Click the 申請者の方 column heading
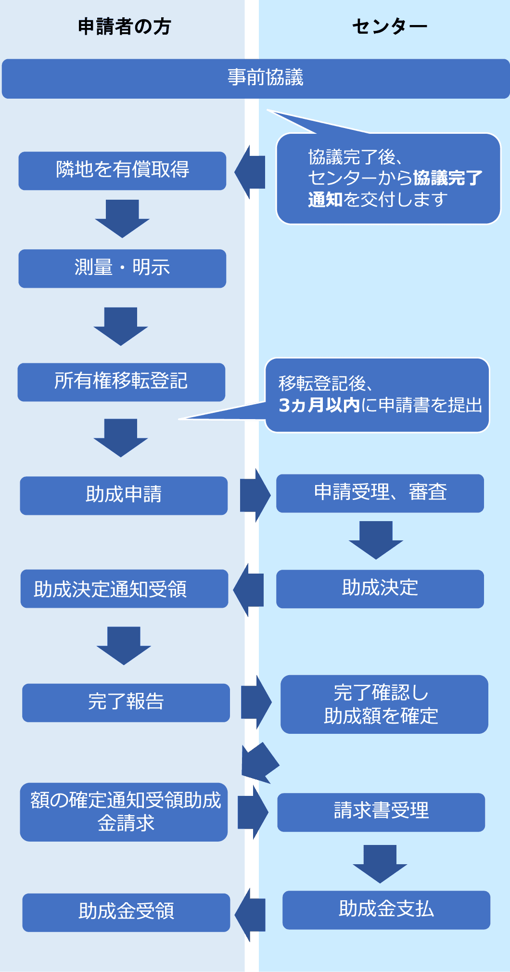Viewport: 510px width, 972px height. click(x=124, y=26)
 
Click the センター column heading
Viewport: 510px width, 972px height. click(x=389, y=26)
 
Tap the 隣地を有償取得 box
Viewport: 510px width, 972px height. click(x=122, y=170)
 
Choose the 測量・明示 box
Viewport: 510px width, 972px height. click(x=122, y=268)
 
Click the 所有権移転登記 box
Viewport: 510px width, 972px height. click(x=121, y=382)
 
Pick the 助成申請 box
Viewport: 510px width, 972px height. click(x=124, y=495)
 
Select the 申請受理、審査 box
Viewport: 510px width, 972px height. click(x=380, y=493)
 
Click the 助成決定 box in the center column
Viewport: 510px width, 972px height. click(x=380, y=588)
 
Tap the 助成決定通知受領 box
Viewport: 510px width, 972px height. click(x=124, y=588)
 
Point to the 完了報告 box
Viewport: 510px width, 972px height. click(x=126, y=702)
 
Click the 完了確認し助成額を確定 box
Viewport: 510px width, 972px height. click(x=384, y=704)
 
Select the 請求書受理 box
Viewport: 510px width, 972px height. click(x=381, y=812)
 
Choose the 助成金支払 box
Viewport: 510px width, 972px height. click(x=386, y=909)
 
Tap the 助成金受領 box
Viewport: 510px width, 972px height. click(x=126, y=912)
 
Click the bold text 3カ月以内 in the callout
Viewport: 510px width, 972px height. click(x=319, y=405)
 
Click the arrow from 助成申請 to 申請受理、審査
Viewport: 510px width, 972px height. click(x=255, y=495)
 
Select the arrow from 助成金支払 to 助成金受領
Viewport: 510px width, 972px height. click(x=250, y=914)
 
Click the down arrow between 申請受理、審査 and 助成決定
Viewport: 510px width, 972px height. click(x=376, y=539)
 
